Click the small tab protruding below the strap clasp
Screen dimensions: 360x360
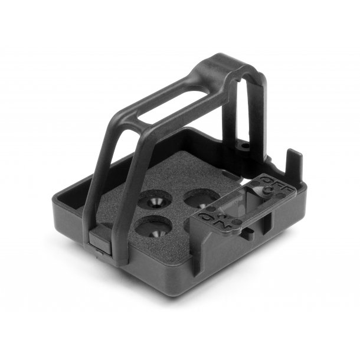point(100,252)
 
